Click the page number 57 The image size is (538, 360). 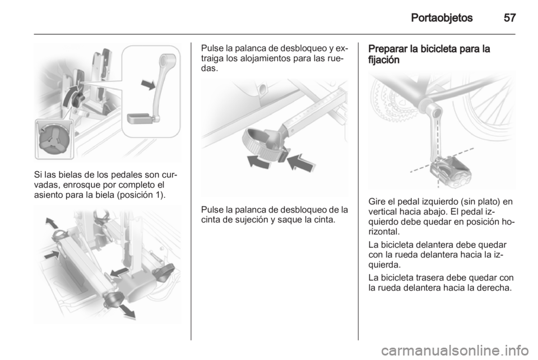pos(509,17)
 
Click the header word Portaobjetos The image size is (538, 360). pos(442,17)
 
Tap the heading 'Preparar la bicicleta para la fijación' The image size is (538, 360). pos(429,54)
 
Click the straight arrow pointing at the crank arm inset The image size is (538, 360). pos(149,84)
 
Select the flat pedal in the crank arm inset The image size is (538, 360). pos(141,118)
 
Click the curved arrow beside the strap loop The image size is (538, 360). pos(259,161)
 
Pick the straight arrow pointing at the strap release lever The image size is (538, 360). pos(300,163)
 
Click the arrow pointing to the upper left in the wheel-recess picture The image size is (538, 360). pos(52,223)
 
